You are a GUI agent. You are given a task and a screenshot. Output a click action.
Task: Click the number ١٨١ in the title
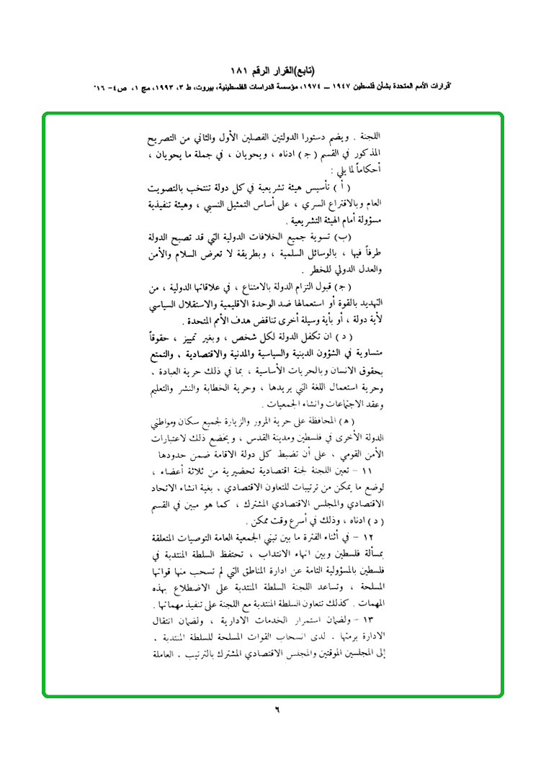click(241, 73)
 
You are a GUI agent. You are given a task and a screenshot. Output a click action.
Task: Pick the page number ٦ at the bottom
click(274, 708)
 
